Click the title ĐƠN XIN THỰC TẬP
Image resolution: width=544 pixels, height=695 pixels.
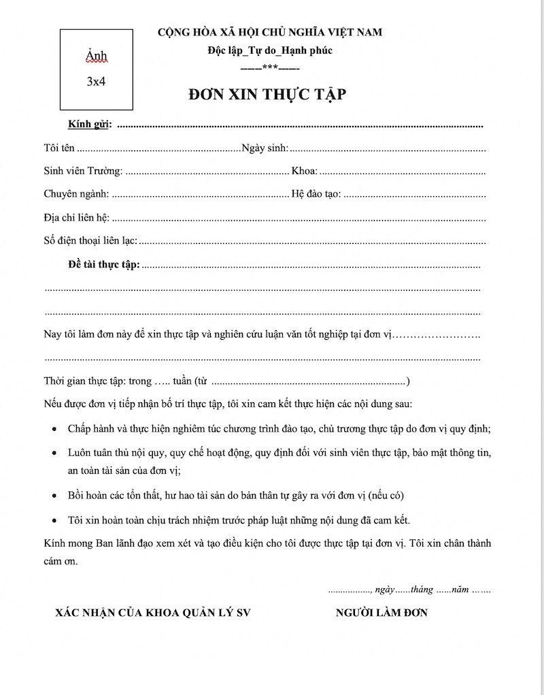point(267,95)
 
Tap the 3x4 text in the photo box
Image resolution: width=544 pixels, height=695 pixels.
point(96,80)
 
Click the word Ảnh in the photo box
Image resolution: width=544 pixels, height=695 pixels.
point(97,55)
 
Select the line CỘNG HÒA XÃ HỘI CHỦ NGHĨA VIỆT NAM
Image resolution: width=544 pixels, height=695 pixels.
point(270,32)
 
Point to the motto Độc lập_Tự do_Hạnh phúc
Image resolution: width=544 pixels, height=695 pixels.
point(270,51)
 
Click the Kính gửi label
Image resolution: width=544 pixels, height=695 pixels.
point(89,125)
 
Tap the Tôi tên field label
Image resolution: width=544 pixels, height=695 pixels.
point(58,148)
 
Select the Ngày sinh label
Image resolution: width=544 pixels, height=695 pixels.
point(265,148)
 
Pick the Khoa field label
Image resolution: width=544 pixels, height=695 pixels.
point(304,171)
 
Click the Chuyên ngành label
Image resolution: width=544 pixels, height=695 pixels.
point(76,194)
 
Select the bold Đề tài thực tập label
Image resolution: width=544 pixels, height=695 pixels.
point(103,264)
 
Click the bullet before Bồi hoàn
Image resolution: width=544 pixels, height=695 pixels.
point(54,496)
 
